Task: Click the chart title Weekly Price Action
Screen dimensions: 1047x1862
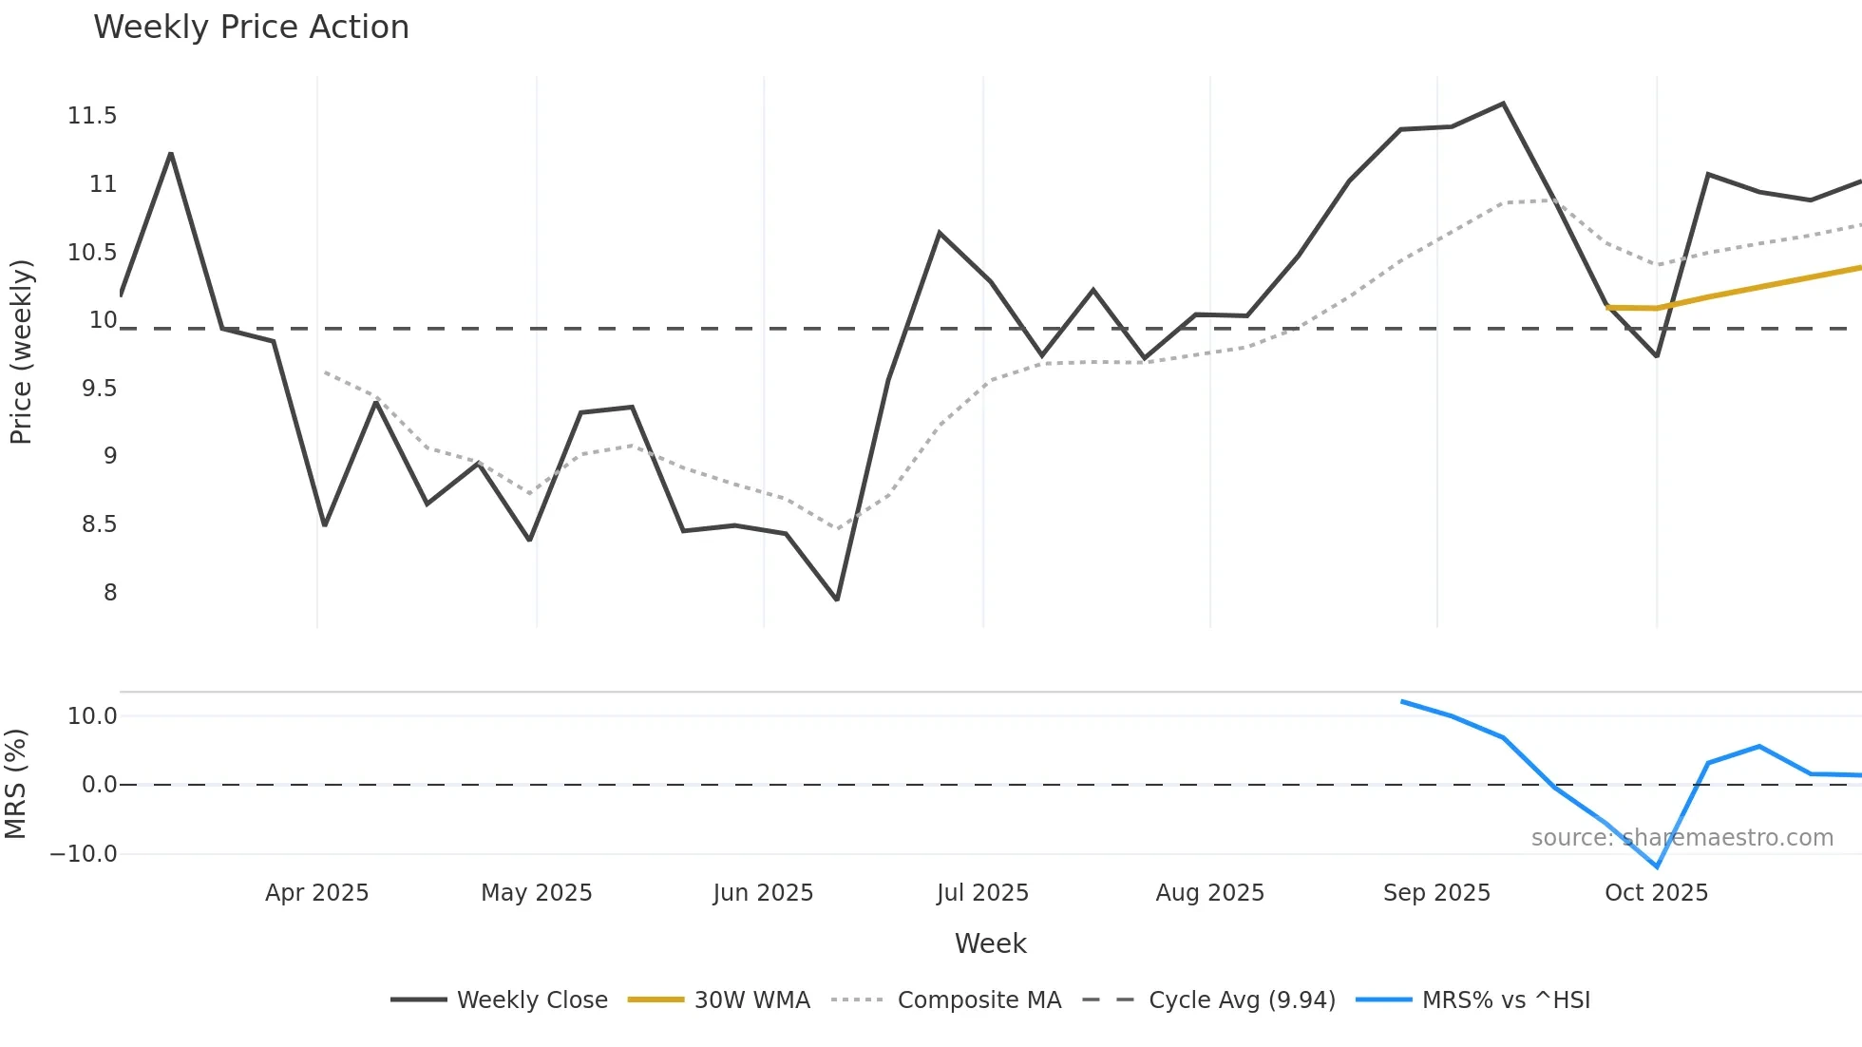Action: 251,28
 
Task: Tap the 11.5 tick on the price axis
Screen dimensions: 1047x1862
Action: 92,116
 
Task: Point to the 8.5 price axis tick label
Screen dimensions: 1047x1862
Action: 99,524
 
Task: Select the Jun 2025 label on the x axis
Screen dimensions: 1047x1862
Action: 763,893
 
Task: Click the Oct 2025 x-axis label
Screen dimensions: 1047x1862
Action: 1656,893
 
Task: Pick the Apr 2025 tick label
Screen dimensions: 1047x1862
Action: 316,893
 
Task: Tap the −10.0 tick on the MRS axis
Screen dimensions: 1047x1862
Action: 84,854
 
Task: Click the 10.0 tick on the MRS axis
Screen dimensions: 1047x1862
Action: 92,716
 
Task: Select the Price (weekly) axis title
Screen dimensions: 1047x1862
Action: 21,352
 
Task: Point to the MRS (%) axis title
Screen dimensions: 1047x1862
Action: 15,784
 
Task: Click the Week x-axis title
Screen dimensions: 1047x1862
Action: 990,943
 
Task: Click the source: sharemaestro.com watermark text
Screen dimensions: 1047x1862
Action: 1681,838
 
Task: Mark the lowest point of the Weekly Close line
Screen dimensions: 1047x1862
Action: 837,600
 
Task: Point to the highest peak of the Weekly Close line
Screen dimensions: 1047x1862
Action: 1503,104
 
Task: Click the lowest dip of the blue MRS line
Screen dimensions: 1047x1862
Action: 1657,866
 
